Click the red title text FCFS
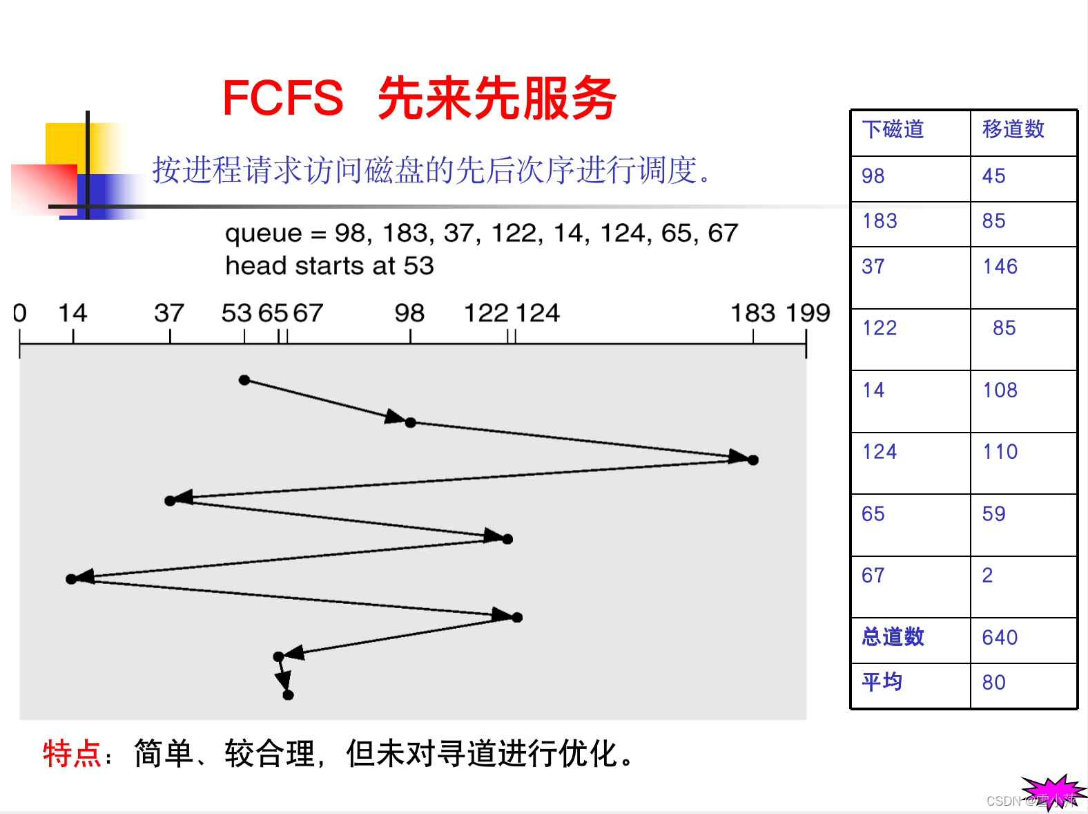282,97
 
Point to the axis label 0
20,313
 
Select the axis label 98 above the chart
409,313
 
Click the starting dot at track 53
244,380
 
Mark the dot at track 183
753,460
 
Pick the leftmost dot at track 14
71,578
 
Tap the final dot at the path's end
289,694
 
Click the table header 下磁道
893,129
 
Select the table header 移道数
1013,129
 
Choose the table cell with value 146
1000,267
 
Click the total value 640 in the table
1000,637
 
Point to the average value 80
993,683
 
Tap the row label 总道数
893,636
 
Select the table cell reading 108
1000,390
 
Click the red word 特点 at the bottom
71,753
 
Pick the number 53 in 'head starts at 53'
419,266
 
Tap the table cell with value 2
987,575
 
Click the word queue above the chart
264,234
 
